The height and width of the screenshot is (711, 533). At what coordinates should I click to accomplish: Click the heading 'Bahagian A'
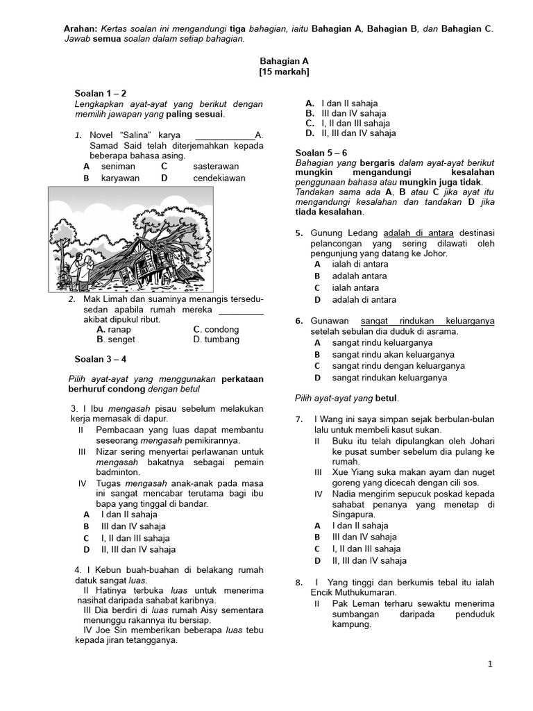click(x=284, y=61)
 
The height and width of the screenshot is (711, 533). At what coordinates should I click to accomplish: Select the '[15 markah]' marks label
click(x=284, y=72)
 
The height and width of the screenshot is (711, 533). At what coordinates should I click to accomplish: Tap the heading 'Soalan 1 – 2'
click(x=101, y=93)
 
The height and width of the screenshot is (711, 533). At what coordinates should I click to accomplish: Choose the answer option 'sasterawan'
click(x=216, y=167)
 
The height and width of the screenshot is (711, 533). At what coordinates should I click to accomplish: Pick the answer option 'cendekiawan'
click(x=219, y=178)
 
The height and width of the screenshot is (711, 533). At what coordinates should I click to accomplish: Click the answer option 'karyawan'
click(x=120, y=178)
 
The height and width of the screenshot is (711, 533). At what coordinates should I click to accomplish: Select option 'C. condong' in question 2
click(x=216, y=329)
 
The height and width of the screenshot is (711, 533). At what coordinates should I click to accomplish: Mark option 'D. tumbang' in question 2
click(x=217, y=340)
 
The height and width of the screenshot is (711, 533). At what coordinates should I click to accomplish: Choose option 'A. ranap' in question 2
click(x=115, y=329)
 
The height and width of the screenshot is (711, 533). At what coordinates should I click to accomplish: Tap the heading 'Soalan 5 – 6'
click(x=321, y=152)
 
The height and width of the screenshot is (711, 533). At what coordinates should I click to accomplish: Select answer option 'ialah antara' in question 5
click(x=355, y=287)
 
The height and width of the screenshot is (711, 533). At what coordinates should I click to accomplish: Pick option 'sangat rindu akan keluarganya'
click(x=389, y=354)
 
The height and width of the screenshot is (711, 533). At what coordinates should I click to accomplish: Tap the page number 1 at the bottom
click(x=490, y=664)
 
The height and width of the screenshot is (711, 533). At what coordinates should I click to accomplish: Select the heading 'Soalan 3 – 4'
click(x=101, y=359)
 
